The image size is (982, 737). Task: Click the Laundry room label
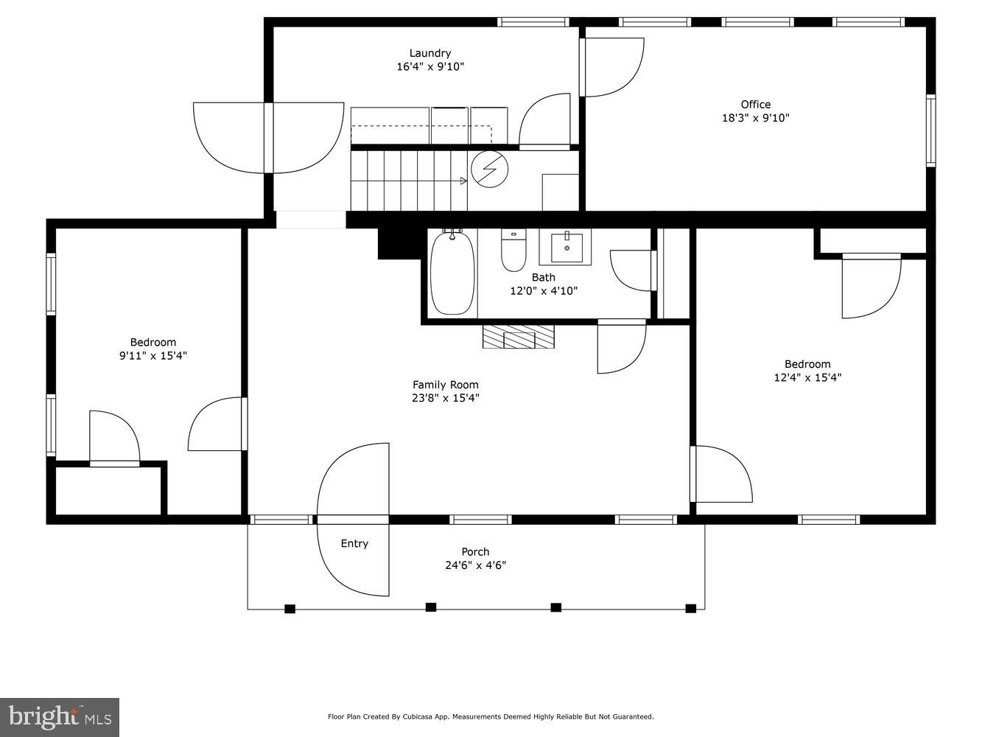pyautogui.click(x=430, y=53)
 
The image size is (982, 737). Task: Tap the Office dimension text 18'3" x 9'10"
pyautogui.click(x=755, y=118)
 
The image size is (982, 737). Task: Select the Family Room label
pyautogui.click(x=445, y=385)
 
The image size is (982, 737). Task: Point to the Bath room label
pyautogui.click(x=544, y=278)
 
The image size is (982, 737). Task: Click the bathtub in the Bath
pyautogui.click(x=452, y=273)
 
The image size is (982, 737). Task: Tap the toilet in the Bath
pyautogui.click(x=513, y=251)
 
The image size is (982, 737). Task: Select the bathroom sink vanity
pyautogui.click(x=566, y=248)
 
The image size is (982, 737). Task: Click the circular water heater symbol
pyautogui.click(x=490, y=170)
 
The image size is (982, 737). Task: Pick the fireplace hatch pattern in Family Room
pyautogui.click(x=519, y=337)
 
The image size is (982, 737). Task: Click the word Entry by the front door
pyautogui.click(x=354, y=544)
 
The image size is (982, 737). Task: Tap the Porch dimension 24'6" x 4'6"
pyautogui.click(x=475, y=566)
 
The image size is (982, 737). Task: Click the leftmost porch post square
pyautogui.click(x=290, y=609)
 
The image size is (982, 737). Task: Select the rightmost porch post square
pyautogui.click(x=691, y=609)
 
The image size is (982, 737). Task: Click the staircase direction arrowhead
pyautogui.click(x=463, y=181)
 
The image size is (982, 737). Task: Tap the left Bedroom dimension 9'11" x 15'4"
pyautogui.click(x=153, y=356)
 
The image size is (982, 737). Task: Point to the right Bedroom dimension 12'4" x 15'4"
pyautogui.click(x=807, y=378)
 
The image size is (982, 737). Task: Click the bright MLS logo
pyautogui.click(x=60, y=717)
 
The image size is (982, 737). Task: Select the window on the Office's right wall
pyautogui.click(x=931, y=130)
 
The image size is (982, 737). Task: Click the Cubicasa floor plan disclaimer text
pyautogui.click(x=491, y=717)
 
